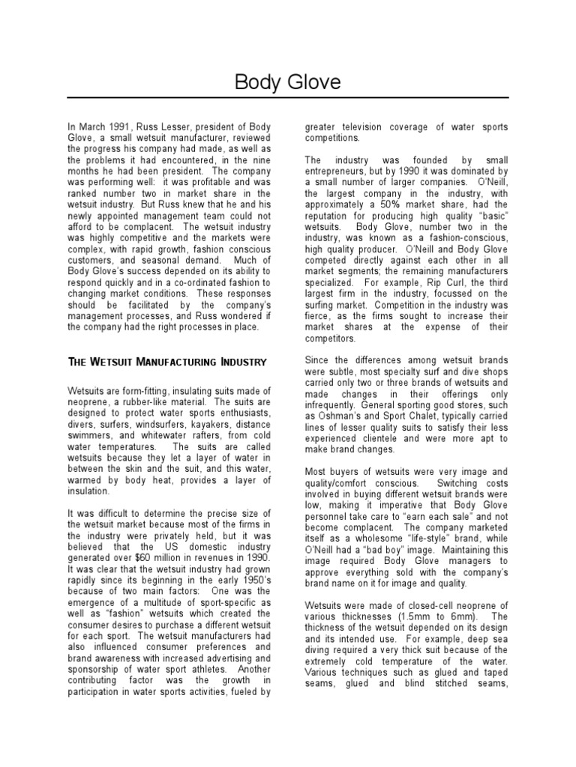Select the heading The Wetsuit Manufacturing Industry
tap(167, 362)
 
